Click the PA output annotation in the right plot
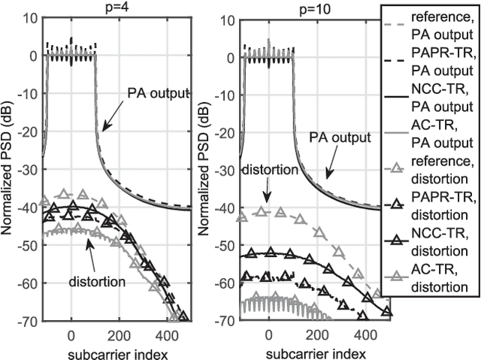point(340,138)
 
